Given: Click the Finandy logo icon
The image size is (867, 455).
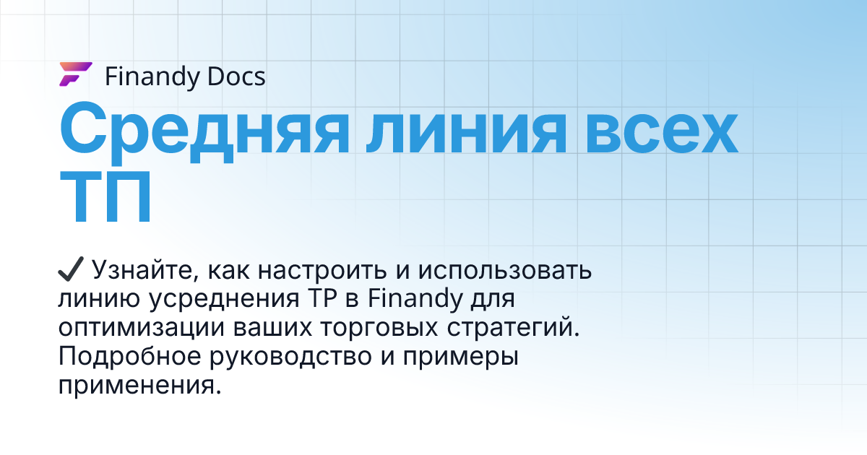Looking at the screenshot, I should click(74, 75).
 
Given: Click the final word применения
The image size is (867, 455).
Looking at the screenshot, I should click(137, 385).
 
